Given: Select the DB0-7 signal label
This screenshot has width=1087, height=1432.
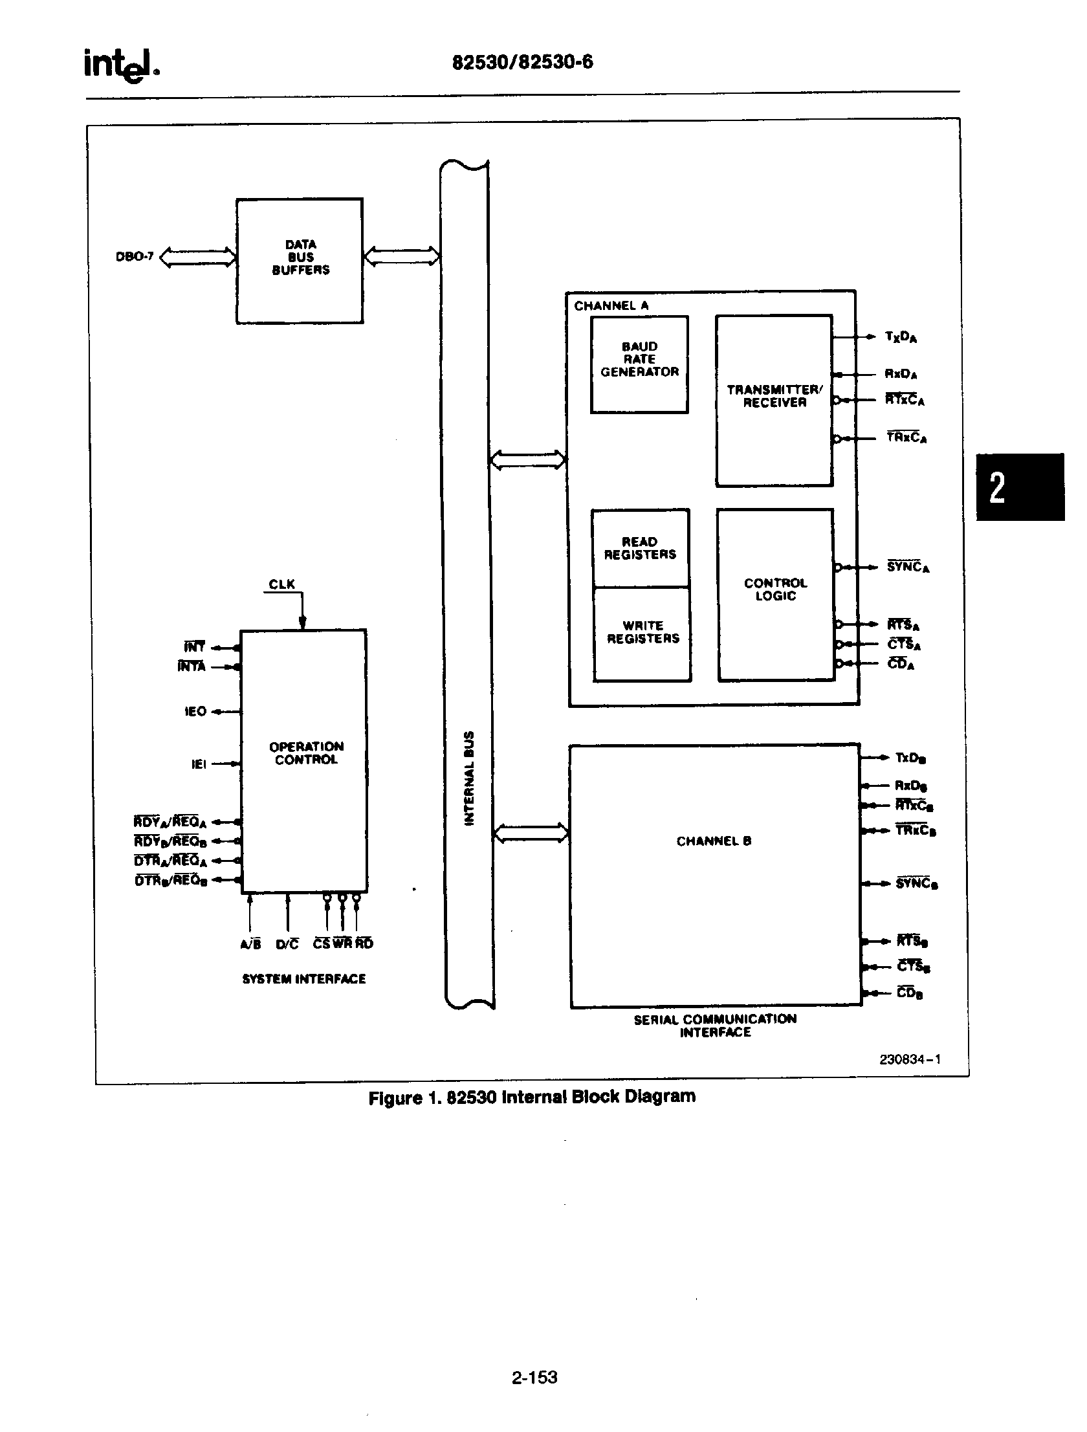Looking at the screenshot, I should click(x=135, y=257).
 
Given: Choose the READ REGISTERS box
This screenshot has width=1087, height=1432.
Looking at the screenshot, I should click(x=640, y=547).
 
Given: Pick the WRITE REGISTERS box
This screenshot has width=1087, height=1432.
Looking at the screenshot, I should click(x=642, y=632).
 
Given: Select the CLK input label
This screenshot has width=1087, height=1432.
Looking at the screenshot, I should click(x=281, y=584).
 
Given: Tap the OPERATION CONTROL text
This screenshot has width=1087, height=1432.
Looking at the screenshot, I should click(x=305, y=753).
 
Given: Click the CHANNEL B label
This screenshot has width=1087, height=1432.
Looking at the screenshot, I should click(x=714, y=841).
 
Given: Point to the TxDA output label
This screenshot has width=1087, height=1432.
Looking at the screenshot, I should click(x=901, y=336).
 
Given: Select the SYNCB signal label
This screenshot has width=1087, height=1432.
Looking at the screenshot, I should click(x=917, y=884).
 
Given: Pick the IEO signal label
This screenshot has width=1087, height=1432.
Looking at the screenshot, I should click(x=195, y=711).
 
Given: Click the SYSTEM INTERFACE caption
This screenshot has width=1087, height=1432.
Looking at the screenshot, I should click(x=303, y=979).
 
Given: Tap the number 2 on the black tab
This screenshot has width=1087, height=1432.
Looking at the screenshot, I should click(x=998, y=487).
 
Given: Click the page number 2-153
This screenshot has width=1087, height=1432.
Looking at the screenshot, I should click(x=534, y=1377).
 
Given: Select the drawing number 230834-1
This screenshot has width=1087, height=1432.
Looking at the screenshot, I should click(x=910, y=1060).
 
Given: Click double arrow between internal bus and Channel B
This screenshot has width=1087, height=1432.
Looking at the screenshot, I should click(x=531, y=833).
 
